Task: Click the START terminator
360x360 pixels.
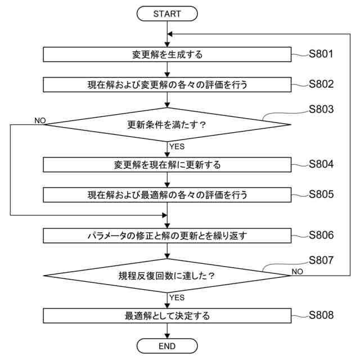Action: (167, 13)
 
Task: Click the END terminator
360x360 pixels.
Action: (167, 345)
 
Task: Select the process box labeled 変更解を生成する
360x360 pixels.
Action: (167, 55)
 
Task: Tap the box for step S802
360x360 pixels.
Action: (167, 85)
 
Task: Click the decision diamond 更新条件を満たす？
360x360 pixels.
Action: (167, 124)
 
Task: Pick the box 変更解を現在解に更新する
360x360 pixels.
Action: (167, 165)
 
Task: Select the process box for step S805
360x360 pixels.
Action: (167, 195)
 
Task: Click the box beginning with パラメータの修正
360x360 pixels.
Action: (167, 235)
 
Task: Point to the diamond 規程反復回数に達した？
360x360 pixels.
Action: (167, 276)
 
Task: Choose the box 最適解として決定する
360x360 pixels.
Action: (167, 316)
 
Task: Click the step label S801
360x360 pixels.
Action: (321, 55)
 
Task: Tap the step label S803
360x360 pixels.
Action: (321, 109)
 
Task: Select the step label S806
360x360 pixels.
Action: (321, 235)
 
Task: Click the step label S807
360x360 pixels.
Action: (321, 260)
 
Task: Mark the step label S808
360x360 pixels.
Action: (321, 315)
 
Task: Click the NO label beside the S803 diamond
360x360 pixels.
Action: (39, 120)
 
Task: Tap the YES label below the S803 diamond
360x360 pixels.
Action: (177, 146)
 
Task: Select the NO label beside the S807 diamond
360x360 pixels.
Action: (298, 271)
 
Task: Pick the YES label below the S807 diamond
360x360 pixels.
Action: (177, 297)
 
